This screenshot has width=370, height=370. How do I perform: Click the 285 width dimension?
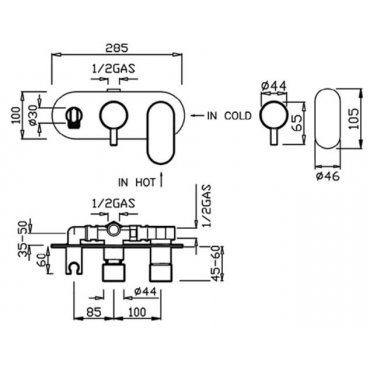click(116, 48)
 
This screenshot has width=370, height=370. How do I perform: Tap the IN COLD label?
click(229, 116)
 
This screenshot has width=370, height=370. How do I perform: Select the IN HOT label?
click(137, 182)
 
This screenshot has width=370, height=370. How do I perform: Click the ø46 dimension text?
click(328, 175)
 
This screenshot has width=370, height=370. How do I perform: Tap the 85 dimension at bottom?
click(93, 312)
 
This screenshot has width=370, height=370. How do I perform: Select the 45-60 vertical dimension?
click(217, 263)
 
